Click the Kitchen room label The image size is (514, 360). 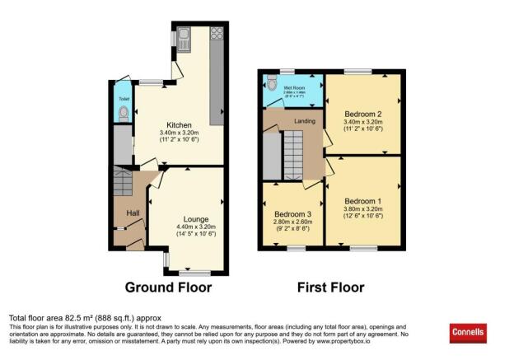tap(177, 125)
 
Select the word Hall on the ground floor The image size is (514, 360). tap(133, 213)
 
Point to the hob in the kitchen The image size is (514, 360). tap(217, 34)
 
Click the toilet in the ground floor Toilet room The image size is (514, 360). tap(124, 117)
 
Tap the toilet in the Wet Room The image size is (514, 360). tap(271, 82)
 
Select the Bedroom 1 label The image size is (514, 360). tap(362, 202)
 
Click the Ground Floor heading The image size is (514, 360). tap(168, 288)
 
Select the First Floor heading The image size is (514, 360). tap(332, 288)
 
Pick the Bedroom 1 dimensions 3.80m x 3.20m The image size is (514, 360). tap(362, 211)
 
